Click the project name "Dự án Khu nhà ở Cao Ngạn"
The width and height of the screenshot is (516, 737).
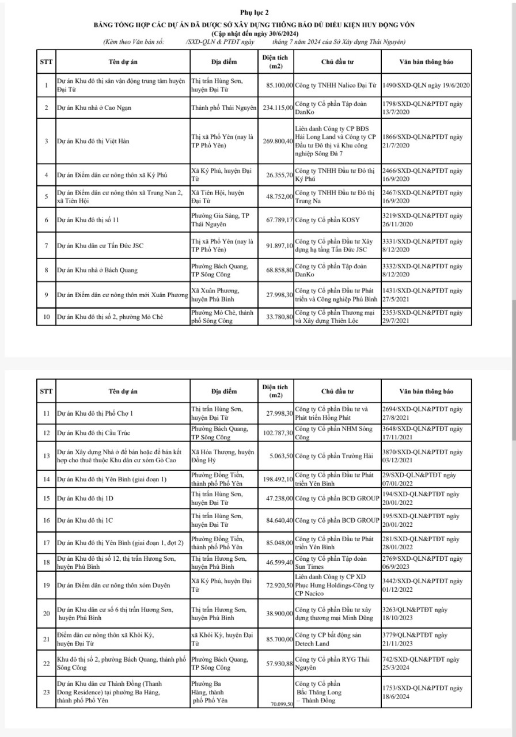click(93, 108)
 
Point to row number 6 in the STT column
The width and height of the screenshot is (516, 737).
click(45, 220)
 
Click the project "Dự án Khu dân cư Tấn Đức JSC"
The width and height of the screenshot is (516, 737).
click(100, 246)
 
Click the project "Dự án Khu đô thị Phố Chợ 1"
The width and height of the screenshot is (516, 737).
click(95, 413)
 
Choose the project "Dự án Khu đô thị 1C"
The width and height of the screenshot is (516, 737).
click(85, 520)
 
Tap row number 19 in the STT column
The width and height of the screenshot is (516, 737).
click(45, 586)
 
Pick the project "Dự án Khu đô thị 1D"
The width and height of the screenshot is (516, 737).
click(85, 499)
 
